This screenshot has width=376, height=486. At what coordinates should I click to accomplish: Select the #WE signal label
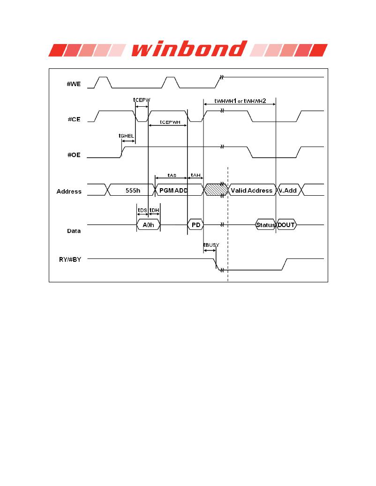click(x=74, y=84)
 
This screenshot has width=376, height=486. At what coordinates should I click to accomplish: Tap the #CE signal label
click(x=74, y=119)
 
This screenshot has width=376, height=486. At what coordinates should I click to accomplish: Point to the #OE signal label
click(x=74, y=155)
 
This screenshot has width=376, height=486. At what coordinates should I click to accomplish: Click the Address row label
click(x=69, y=191)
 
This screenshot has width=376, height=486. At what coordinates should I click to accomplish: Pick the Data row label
click(x=74, y=231)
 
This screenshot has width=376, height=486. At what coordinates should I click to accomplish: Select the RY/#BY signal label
click(x=70, y=259)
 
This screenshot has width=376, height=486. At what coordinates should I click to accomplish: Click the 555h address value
click(x=133, y=190)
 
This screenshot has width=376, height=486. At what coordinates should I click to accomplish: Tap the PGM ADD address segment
click(x=173, y=190)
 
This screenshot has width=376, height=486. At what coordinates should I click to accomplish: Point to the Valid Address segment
click(x=251, y=190)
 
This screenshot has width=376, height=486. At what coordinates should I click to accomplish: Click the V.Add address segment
click(x=287, y=190)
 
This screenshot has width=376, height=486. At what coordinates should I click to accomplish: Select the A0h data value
click(x=148, y=225)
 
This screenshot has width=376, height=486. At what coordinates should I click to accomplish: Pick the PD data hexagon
click(x=196, y=225)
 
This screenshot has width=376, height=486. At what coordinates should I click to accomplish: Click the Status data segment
click(x=265, y=225)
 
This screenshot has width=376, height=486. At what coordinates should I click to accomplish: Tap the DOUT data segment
click(x=286, y=225)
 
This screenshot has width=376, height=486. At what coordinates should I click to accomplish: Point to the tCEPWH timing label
click(x=170, y=122)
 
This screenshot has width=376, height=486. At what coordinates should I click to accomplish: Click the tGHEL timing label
click(x=127, y=136)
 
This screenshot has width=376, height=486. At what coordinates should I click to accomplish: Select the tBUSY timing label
click(x=211, y=245)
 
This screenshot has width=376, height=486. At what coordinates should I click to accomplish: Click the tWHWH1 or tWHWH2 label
click(x=240, y=101)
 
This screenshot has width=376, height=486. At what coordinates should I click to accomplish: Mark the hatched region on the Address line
click(x=216, y=190)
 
